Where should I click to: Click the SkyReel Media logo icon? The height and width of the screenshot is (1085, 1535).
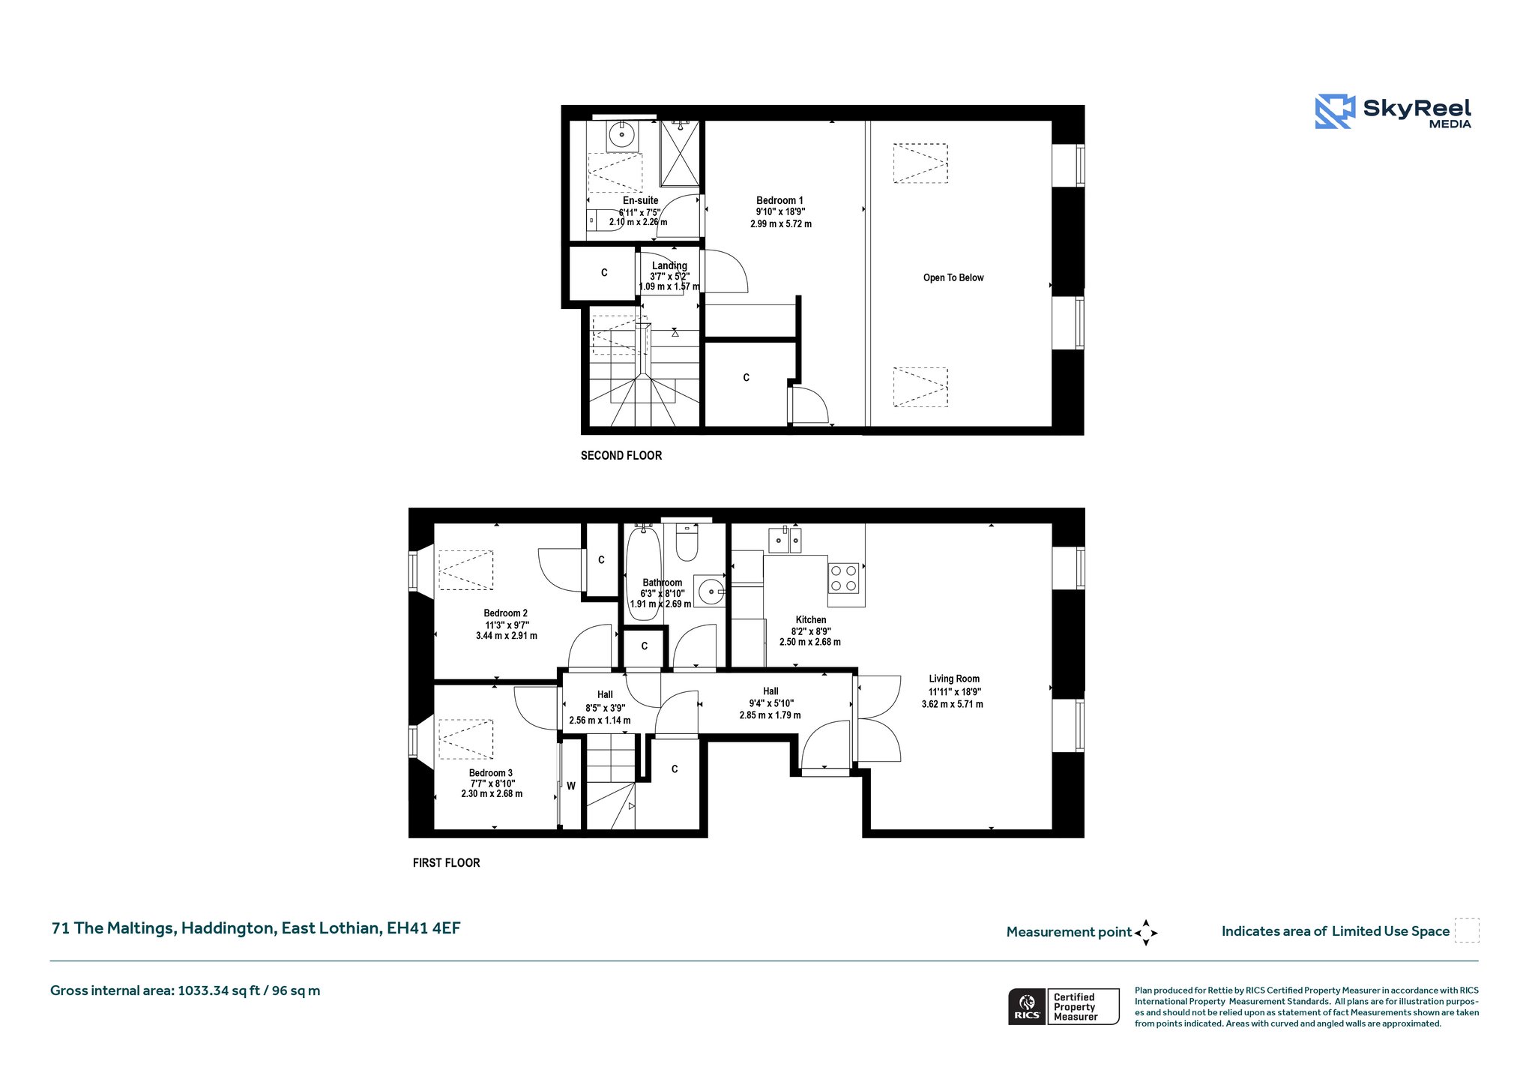coord(1335,112)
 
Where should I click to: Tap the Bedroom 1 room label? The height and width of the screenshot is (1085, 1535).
coord(779,201)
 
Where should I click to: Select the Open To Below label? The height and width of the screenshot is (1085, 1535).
coord(953,277)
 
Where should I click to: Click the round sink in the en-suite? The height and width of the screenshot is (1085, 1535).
coord(622,135)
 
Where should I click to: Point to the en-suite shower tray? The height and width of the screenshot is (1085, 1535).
coord(680,153)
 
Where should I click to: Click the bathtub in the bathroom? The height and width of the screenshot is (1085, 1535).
coord(643,573)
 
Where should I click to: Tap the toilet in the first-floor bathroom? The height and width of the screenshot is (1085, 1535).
coord(687,541)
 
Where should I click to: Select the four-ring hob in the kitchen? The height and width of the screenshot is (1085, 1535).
coord(843,578)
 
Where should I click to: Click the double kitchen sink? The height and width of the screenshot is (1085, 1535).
coord(785,540)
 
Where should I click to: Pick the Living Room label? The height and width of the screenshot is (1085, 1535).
coord(954,679)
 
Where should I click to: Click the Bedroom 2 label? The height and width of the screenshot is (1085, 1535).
coord(506,613)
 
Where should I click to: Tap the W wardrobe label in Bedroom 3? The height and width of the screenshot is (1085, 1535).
coord(571,787)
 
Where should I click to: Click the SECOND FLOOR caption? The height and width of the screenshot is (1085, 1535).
coord(621,455)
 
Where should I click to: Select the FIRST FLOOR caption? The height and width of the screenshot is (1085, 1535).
coord(447,863)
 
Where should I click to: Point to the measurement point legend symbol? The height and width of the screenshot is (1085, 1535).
coord(1146,933)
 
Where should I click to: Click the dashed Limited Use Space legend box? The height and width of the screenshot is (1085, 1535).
coord(1467,931)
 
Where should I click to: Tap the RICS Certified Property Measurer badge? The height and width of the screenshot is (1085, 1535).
coord(1064,1006)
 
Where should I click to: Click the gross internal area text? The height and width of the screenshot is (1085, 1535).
coord(185,991)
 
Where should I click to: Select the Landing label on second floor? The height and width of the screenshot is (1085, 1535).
coord(669,265)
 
